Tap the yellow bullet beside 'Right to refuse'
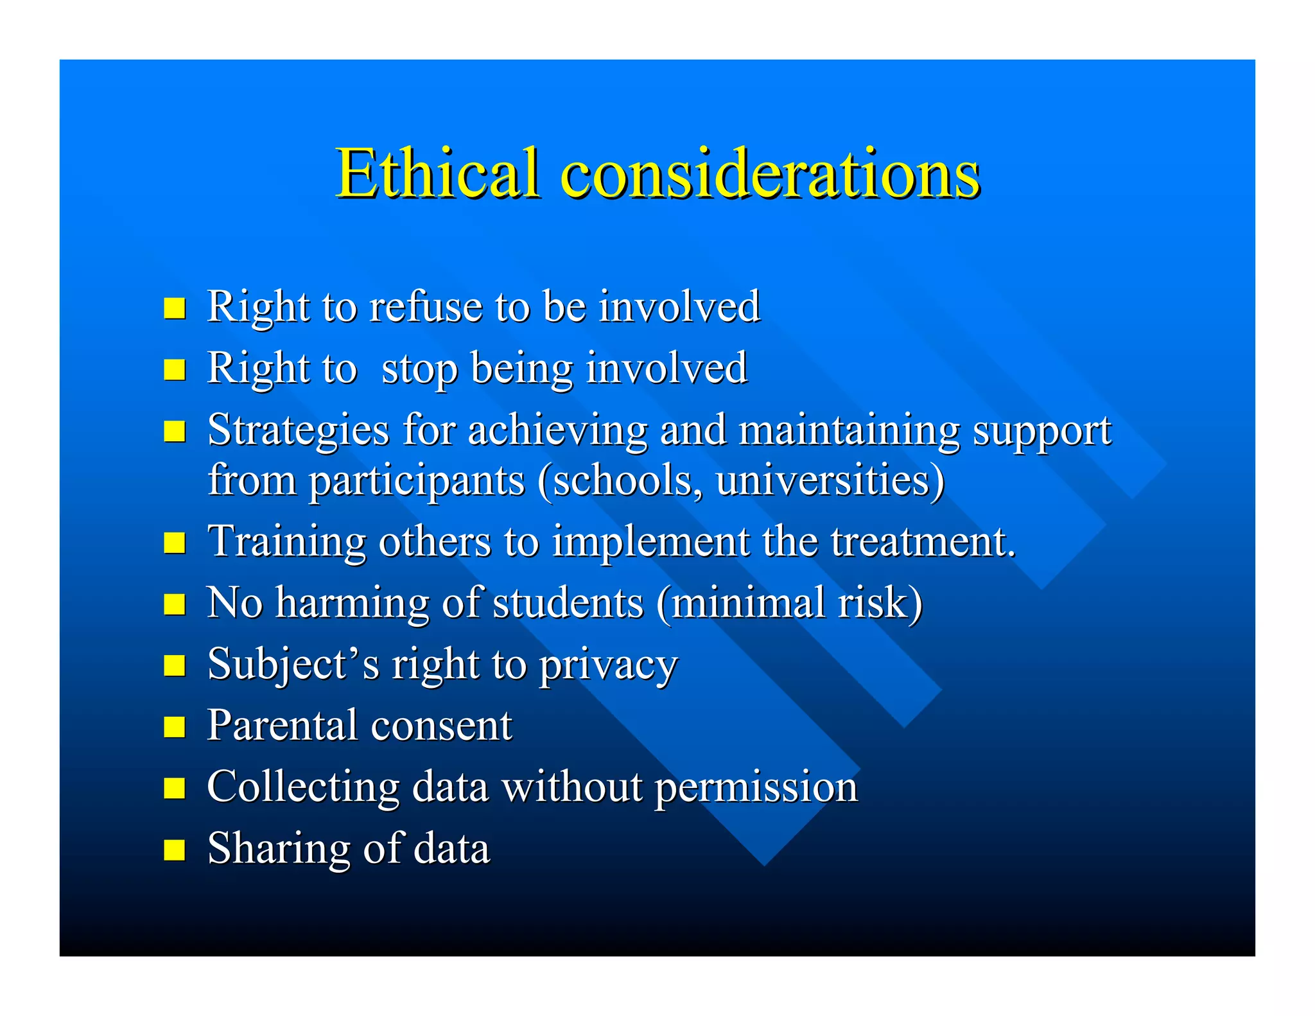coord(175,308)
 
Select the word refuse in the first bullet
coord(425,306)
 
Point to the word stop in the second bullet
coord(419,369)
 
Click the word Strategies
coord(299,430)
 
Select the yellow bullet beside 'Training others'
coord(175,543)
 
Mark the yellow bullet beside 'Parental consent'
coord(175,728)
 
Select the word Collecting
coord(303,787)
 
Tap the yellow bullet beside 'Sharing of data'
coord(175,850)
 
